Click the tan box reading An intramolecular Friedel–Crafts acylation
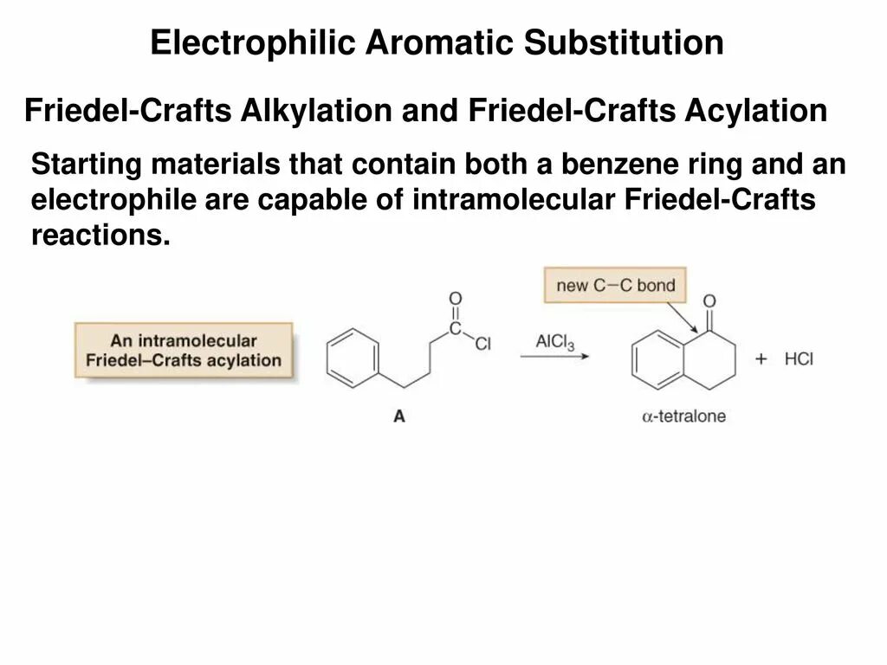click(x=184, y=350)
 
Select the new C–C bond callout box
click(x=615, y=286)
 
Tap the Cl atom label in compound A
click(x=482, y=344)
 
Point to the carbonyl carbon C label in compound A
click(x=456, y=329)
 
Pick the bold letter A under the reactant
click(x=399, y=416)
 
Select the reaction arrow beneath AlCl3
click(x=555, y=355)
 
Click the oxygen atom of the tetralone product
click(x=710, y=301)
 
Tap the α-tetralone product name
click(x=683, y=416)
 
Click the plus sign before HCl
click(x=761, y=358)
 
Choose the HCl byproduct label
click(x=800, y=358)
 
